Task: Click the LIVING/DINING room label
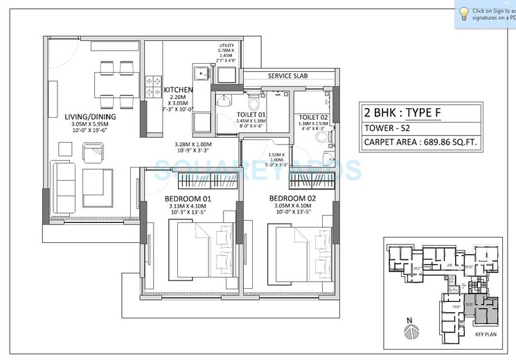90,116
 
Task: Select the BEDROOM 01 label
188,199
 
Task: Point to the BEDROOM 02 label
290,199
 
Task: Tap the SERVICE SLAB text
285,75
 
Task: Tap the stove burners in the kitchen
152,86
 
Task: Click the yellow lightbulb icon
463,12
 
